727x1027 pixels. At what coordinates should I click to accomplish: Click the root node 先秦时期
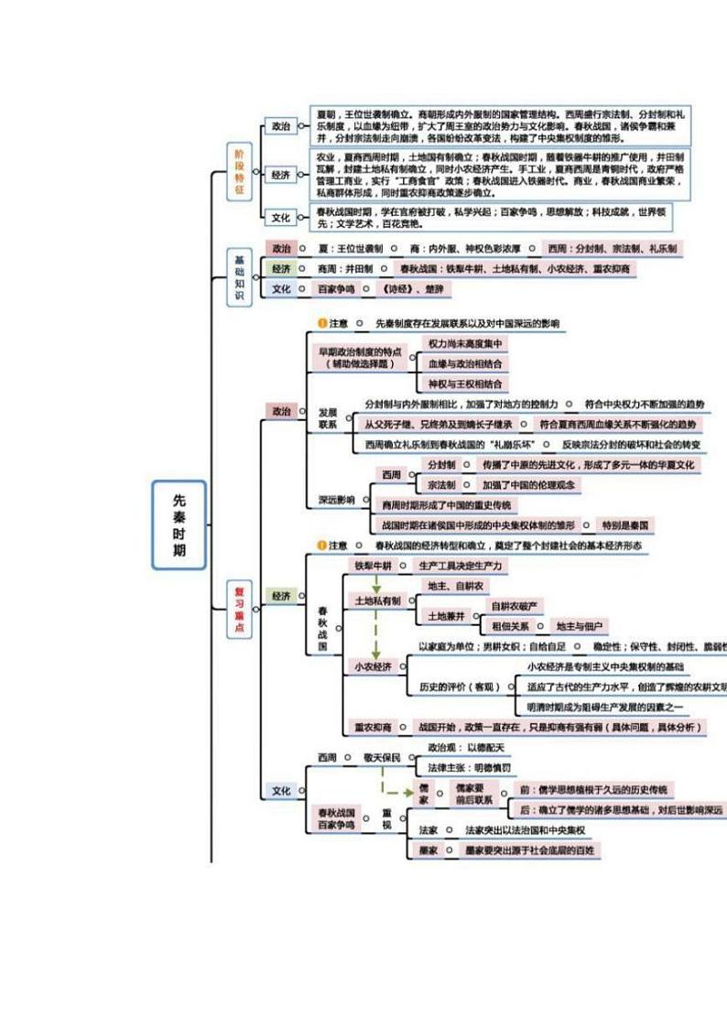point(179,525)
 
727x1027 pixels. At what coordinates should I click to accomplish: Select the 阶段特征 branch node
point(240,171)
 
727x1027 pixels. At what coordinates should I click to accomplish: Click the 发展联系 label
point(328,418)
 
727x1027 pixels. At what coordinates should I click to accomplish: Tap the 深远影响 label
point(336,500)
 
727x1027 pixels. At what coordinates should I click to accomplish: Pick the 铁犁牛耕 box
point(374,567)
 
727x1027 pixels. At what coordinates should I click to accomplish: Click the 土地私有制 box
point(377,600)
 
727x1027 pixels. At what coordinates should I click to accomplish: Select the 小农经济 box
point(374,667)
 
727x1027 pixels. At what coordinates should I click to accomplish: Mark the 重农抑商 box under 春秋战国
point(374,727)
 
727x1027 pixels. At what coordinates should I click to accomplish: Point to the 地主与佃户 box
point(581,626)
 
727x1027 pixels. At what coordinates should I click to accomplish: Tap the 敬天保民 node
point(382,758)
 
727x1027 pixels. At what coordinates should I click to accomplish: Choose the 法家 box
point(428,830)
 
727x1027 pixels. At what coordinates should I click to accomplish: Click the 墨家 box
point(428,850)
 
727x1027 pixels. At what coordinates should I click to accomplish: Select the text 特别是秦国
point(625,525)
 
